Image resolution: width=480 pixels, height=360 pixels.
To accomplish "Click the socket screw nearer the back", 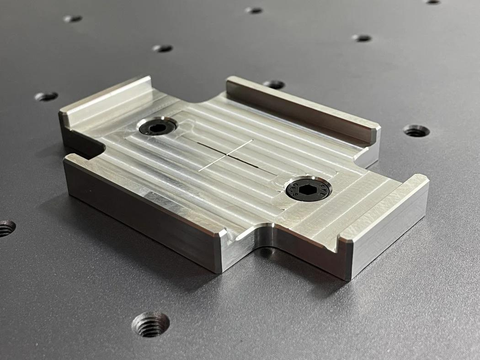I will [157, 127].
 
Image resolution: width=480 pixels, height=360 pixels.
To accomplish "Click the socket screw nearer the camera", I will [302, 188].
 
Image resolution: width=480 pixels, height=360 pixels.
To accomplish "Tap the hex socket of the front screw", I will [302, 187].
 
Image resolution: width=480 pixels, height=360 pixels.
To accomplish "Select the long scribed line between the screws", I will [235, 155].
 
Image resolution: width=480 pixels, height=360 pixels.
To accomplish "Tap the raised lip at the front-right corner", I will [385, 210].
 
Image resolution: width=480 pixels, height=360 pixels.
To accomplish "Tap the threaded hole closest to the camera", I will [151, 322].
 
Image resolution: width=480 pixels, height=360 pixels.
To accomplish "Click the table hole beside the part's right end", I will [416, 131].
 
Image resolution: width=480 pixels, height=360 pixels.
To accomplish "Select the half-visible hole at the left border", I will [5, 227].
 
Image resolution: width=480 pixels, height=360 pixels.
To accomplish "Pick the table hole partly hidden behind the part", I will [273, 84].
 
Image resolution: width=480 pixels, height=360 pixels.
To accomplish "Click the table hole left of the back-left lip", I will [46, 96].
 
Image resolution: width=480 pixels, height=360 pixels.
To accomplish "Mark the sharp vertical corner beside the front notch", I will [223, 250].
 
